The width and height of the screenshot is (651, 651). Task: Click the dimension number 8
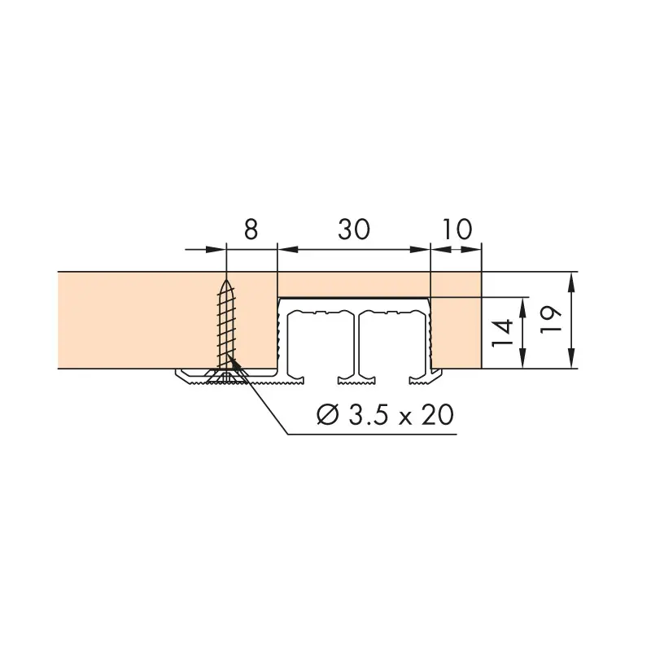point(251,229)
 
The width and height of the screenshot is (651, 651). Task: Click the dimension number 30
point(354,229)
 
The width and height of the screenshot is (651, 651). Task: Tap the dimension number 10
point(457,229)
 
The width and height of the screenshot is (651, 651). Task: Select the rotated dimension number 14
point(502,333)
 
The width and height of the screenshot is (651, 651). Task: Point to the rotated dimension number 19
point(551,319)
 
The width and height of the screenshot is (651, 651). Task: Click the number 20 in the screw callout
point(438,414)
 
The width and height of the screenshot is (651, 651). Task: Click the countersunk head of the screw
point(226,377)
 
